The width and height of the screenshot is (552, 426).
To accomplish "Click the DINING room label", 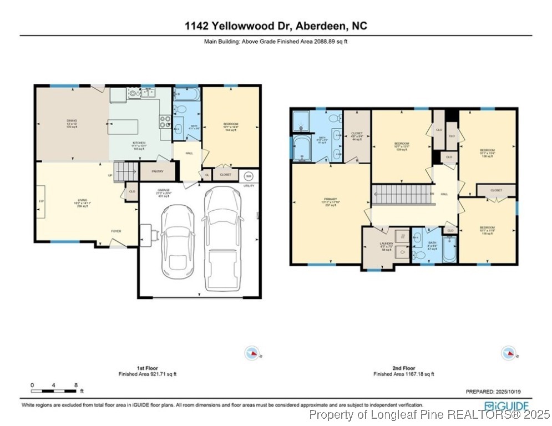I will pos(72,120).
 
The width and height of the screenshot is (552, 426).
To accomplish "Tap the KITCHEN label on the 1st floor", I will pos(138,143).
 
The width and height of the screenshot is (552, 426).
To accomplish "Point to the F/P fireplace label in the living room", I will pos(41,201).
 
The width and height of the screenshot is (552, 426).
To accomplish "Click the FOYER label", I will pos(116,231).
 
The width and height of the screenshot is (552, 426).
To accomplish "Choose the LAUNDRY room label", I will pos(386,244).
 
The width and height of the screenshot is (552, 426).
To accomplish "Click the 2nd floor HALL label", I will pos(444,194).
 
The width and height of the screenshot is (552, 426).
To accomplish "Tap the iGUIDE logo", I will pos(507,405).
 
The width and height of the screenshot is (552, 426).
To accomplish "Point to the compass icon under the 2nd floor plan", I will pos(508,352).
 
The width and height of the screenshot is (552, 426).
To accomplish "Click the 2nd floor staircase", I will pos(403,194).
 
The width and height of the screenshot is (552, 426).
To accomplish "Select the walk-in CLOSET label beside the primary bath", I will pos(357,133).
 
